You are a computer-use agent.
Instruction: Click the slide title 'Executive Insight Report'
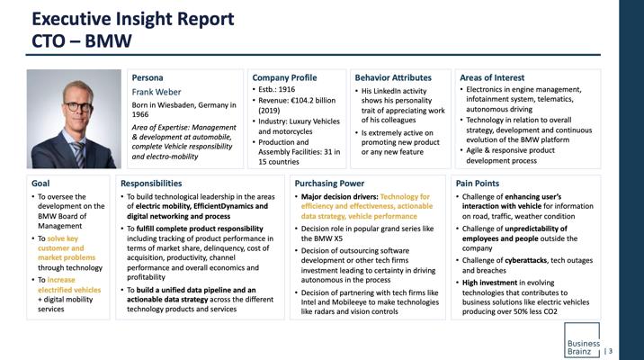[x=133, y=19]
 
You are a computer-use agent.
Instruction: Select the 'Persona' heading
[x=148, y=77]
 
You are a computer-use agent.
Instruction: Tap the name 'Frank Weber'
[x=157, y=92]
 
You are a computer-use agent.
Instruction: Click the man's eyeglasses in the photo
[x=78, y=107]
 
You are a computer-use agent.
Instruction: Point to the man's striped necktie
[x=79, y=154]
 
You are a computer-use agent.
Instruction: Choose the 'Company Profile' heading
[x=284, y=77]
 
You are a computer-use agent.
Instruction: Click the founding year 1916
[x=287, y=89]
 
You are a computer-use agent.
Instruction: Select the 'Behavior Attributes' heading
[x=393, y=77]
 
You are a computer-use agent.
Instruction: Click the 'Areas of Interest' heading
[x=492, y=77]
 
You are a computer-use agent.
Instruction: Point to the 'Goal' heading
[x=40, y=184]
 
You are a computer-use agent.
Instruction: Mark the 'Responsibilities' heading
[x=151, y=184]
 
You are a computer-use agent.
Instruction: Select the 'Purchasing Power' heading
[x=329, y=184]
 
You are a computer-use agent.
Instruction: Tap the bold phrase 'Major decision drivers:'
[x=340, y=197]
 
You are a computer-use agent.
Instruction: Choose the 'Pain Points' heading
[x=478, y=184]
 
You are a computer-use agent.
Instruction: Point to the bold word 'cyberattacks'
[x=525, y=260]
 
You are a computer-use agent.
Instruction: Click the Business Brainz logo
[x=582, y=340]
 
